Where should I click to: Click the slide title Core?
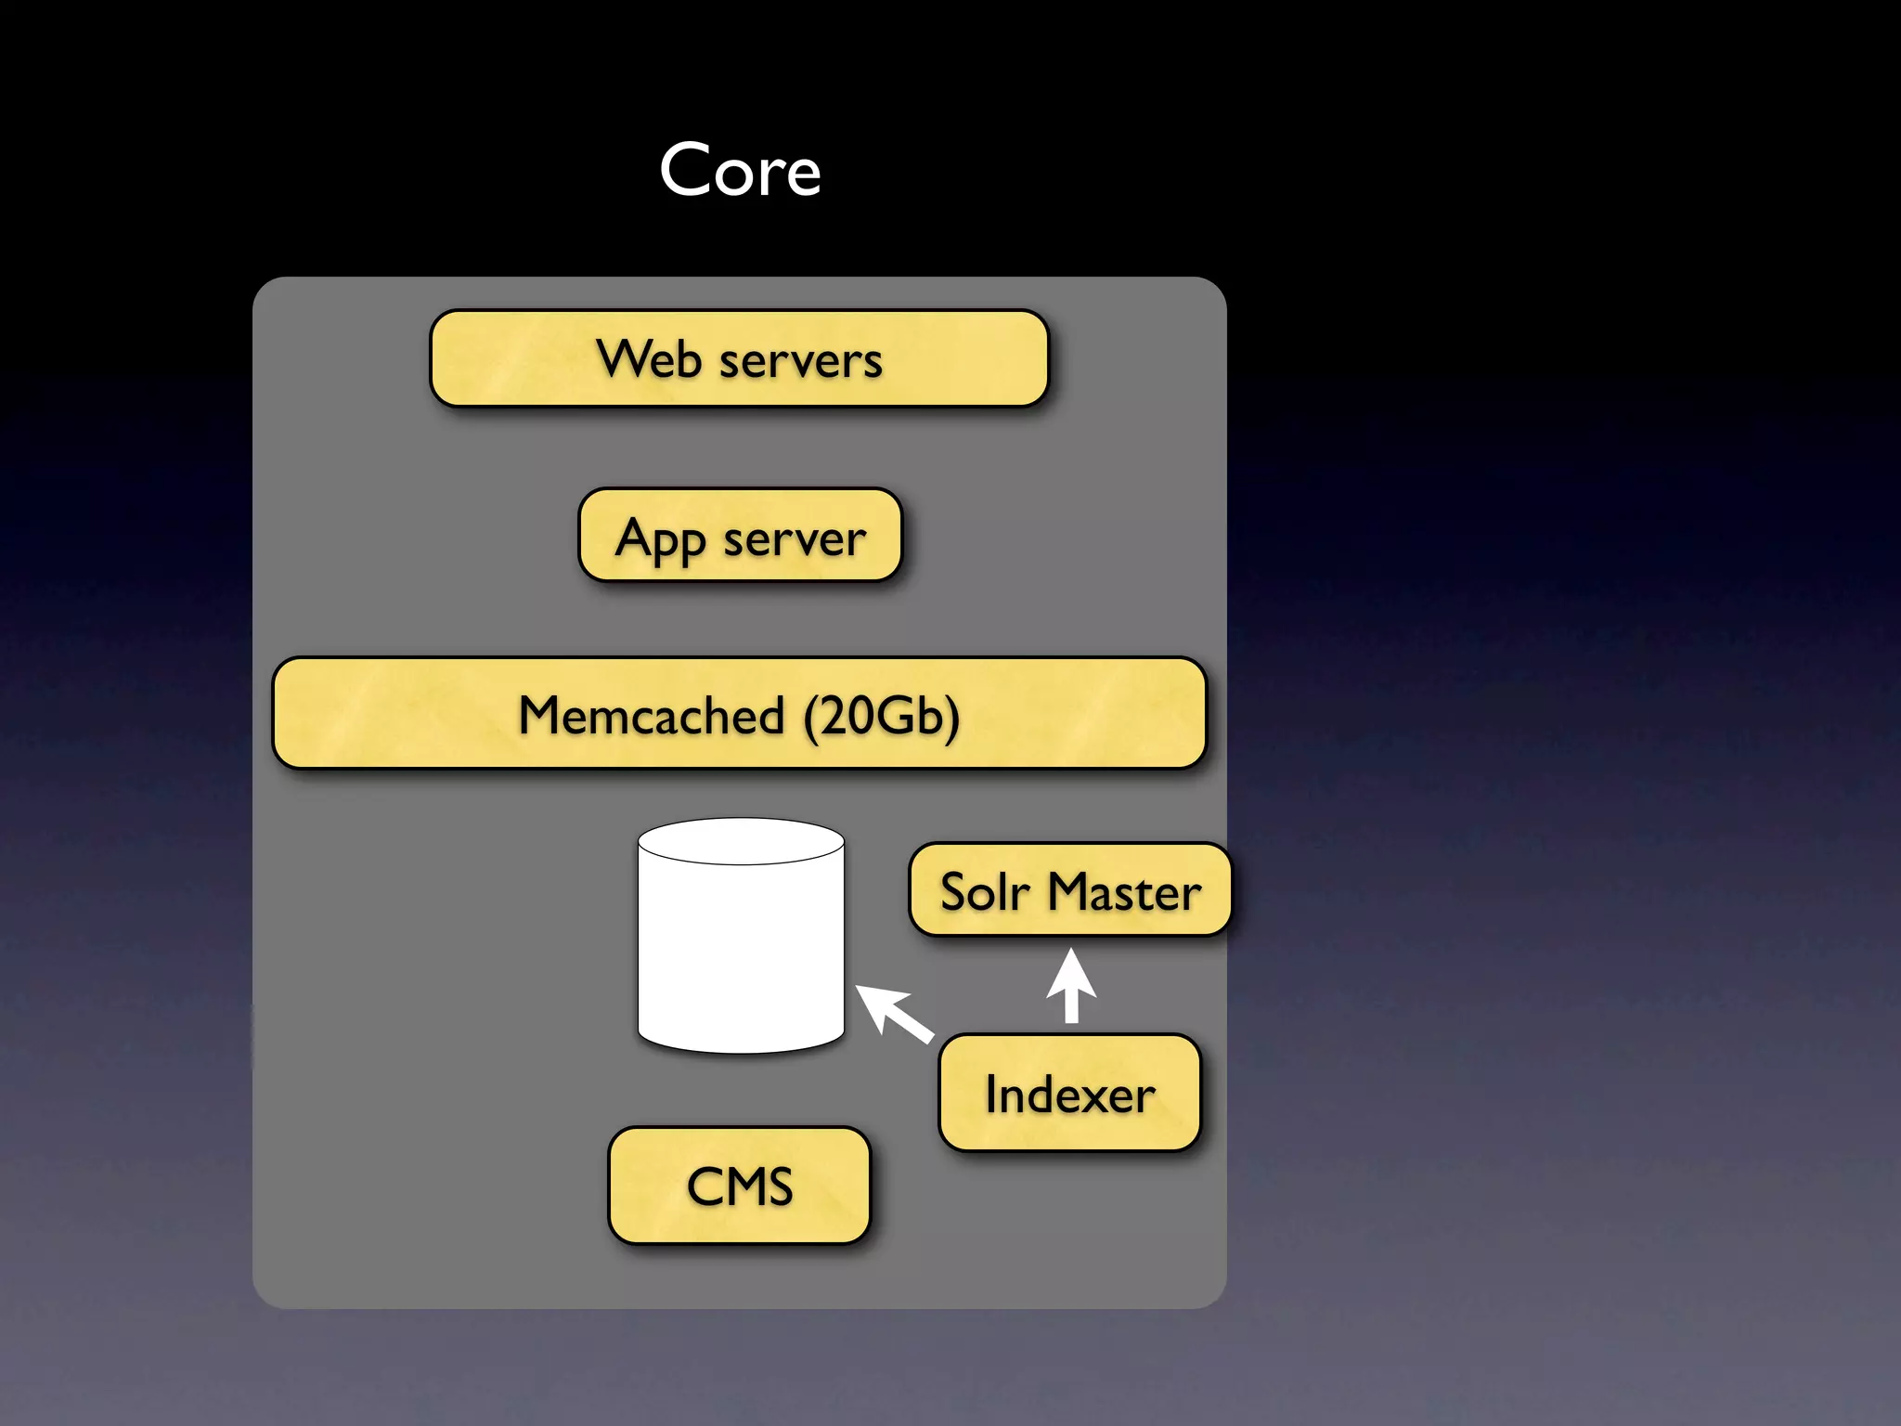740,171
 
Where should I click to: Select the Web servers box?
739,358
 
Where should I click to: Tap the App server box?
740,536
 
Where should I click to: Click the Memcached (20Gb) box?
739,713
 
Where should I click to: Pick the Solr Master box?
1070,889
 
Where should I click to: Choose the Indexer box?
1069,1093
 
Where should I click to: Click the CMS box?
739,1186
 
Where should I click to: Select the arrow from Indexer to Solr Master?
1071,986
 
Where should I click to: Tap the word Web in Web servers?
649,358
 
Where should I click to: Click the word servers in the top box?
800,360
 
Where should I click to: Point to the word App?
660,538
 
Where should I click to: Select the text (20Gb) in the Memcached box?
882,716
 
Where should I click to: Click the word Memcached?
652,715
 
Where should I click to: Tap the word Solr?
985,891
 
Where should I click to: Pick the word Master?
1124,891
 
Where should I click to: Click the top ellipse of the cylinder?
741,841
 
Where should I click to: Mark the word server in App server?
795,538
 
